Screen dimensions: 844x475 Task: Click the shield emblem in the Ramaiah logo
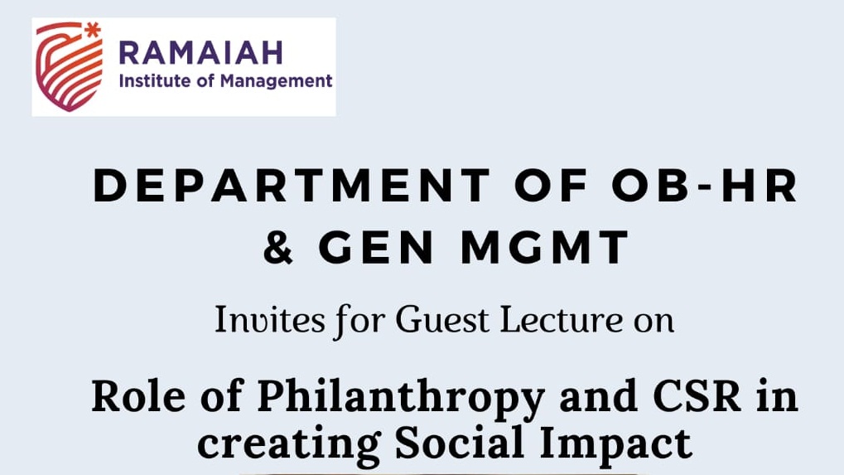pyautogui.click(x=69, y=67)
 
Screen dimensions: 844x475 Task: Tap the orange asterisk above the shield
pyautogui.click(x=93, y=30)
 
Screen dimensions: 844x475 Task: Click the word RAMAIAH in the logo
pyautogui.click(x=200, y=52)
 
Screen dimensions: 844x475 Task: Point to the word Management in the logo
pyautogui.click(x=276, y=81)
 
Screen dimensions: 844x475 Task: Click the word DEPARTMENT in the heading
pyautogui.click(x=292, y=185)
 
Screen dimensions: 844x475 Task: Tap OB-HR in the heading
pyautogui.click(x=705, y=185)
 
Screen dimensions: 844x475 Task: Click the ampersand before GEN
pyautogui.click(x=278, y=247)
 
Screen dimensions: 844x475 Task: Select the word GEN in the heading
pyautogui.click(x=376, y=247)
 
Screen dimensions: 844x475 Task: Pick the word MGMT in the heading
pyautogui.click(x=545, y=247)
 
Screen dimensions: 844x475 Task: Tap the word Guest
pyautogui.click(x=442, y=319)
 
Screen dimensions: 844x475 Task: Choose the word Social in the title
pyautogui.click(x=460, y=442)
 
